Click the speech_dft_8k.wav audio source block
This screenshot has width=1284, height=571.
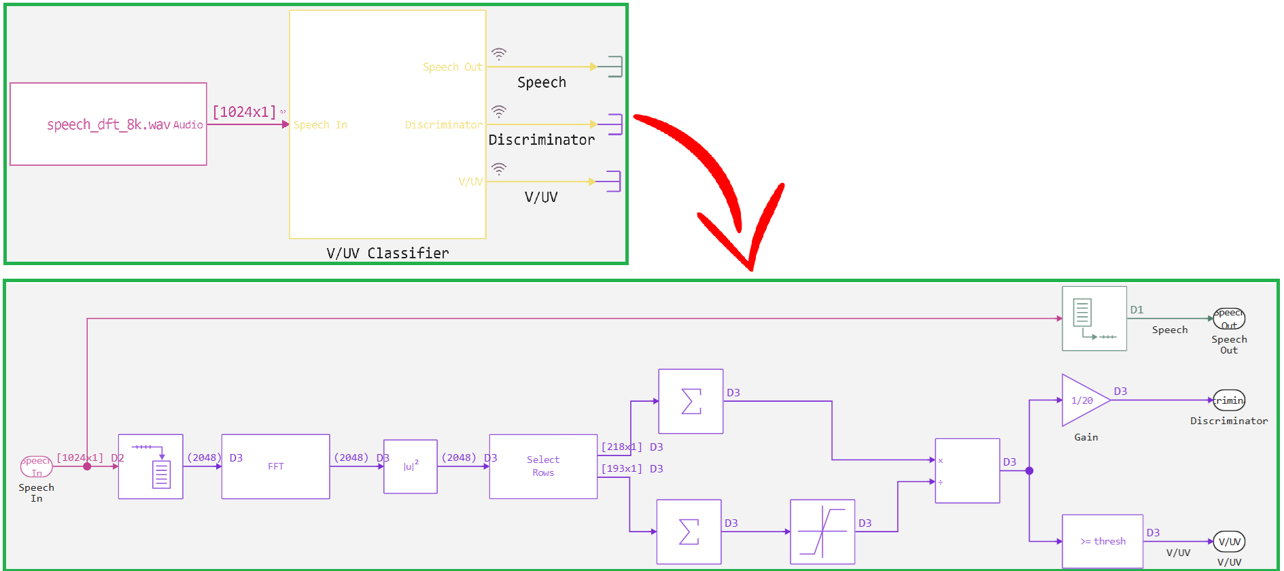[x=108, y=124]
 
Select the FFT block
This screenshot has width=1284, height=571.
[x=275, y=466]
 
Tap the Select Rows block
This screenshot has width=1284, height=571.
[x=543, y=466]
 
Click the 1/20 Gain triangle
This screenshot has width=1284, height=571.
[x=1082, y=400]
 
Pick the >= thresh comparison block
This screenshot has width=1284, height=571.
[x=1102, y=541]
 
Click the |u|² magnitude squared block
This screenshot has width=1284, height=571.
[x=410, y=466]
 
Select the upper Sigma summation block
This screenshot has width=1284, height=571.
[x=691, y=401]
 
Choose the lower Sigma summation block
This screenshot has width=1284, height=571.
[x=689, y=532]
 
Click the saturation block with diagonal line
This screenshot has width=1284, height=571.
[x=822, y=532]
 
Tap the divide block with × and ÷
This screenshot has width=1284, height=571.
[x=967, y=470]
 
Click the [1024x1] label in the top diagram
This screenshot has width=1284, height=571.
[x=245, y=112]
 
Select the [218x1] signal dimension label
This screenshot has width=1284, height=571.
[x=621, y=447]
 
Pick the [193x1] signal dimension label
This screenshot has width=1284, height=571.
[x=621, y=469]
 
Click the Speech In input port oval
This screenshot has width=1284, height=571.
[x=36, y=466]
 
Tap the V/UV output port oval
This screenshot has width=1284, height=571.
[x=1229, y=542]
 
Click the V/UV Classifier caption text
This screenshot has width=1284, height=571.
[x=387, y=254]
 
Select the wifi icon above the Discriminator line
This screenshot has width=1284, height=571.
[x=499, y=111]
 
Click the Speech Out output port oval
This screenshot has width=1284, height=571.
[x=1229, y=318]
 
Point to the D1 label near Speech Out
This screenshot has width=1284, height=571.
[x=1136, y=310]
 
